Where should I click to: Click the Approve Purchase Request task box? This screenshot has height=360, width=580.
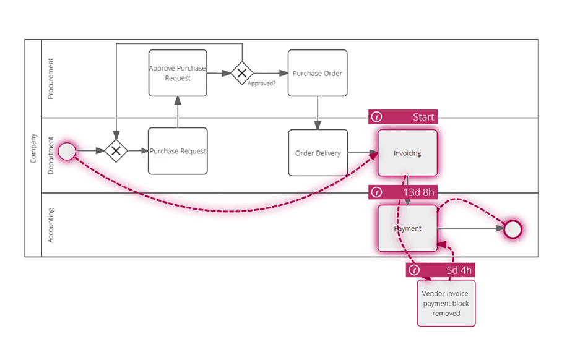pos(178,73)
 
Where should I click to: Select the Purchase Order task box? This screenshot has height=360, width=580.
pos(318,73)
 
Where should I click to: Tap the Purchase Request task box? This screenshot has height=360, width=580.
pos(178,151)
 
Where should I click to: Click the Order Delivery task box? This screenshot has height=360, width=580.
pos(318,153)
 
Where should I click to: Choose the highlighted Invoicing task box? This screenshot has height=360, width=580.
pos(407,153)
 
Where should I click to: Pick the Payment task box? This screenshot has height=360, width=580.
pos(407,228)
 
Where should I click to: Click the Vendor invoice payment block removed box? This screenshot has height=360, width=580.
pos(446,303)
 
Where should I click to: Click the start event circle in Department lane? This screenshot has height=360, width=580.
pos(67,151)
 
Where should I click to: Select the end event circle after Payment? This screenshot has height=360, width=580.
pos(513,229)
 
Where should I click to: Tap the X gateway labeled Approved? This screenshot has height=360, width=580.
pos(242,73)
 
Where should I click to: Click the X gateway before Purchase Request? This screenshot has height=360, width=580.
pos(116,151)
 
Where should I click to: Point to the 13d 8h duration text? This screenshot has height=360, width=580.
pos(419,192)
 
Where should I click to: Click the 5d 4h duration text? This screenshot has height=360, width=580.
pos(459,270)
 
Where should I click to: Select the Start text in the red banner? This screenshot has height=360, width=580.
pos(423,117)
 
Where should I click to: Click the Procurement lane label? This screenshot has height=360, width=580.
pos(51,79)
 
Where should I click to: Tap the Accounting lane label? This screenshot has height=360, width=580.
pos(51,225)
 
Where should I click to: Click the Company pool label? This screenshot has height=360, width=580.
pos(33,148)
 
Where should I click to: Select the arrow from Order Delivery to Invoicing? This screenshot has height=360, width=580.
pos(363,153)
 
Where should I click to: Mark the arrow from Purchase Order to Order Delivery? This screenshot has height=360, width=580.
pos(318,113)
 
